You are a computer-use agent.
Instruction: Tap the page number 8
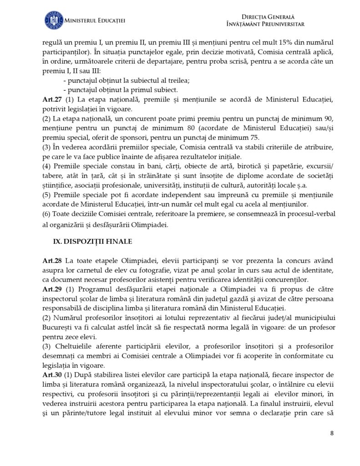coord(332,432)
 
